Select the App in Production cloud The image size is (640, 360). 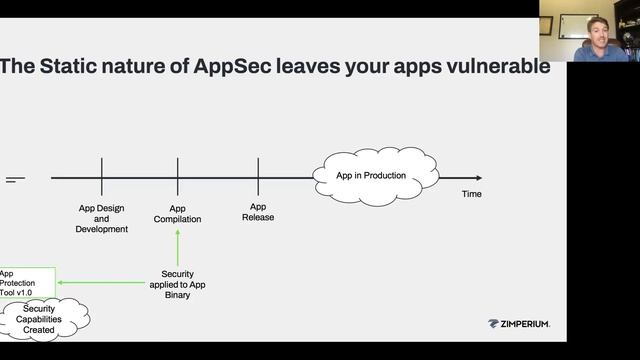coord(374,177)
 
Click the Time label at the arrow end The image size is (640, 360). coord(471,194)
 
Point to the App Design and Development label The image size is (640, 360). coord(102,219)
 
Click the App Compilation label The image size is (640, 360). coord(177,214)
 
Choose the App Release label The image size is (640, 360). coord(258,212)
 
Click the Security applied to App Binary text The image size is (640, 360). coord(177,285)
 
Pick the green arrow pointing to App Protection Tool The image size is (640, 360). coord(100,283)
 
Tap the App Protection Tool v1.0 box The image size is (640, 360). coord(26,283)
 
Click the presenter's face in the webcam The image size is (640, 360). coord(599,27)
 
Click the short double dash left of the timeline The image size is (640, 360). coord(15,179)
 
